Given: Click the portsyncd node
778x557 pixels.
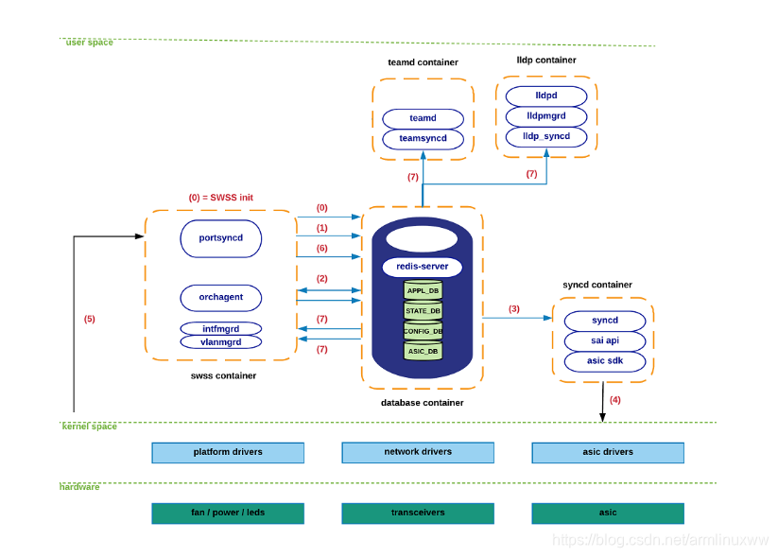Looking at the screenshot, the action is click(x=221, y=238).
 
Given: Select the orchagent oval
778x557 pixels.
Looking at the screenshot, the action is click(x=221, y=297).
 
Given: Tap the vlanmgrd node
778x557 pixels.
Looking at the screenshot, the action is click(x=221, y=342).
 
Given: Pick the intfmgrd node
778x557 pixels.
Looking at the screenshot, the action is click(x=221, y=329).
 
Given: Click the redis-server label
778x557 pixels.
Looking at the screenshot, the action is click(x=423, y=267).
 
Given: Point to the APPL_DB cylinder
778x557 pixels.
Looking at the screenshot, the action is click(x=423, y=290).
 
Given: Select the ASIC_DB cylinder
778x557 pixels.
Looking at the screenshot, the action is click(x=423, y=351).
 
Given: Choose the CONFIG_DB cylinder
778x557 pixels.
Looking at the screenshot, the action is click(x=423, y=331).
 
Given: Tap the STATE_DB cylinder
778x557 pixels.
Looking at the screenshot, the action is click(x=423, y=311).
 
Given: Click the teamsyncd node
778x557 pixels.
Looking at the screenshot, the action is click(x=423, y=138).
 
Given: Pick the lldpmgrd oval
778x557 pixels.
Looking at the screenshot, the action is click(x=546, y=116).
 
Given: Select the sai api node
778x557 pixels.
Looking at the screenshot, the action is click(x=605, y=340).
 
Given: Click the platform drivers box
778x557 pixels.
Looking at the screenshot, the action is click(x=228, y=452).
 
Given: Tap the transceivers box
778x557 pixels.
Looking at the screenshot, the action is click(x=418, y=513).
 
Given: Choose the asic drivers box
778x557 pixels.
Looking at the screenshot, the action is click(x=608, y=452).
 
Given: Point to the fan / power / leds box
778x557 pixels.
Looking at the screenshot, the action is click(x=228, y=513).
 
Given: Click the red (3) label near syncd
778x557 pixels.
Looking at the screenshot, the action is click(x=514, y=309).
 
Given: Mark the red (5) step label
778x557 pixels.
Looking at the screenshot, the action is click(x=89, y=319).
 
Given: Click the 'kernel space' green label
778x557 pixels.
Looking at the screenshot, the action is click(x=89, y=426).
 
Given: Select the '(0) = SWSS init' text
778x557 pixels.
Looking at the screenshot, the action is click(x=221, y=198).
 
